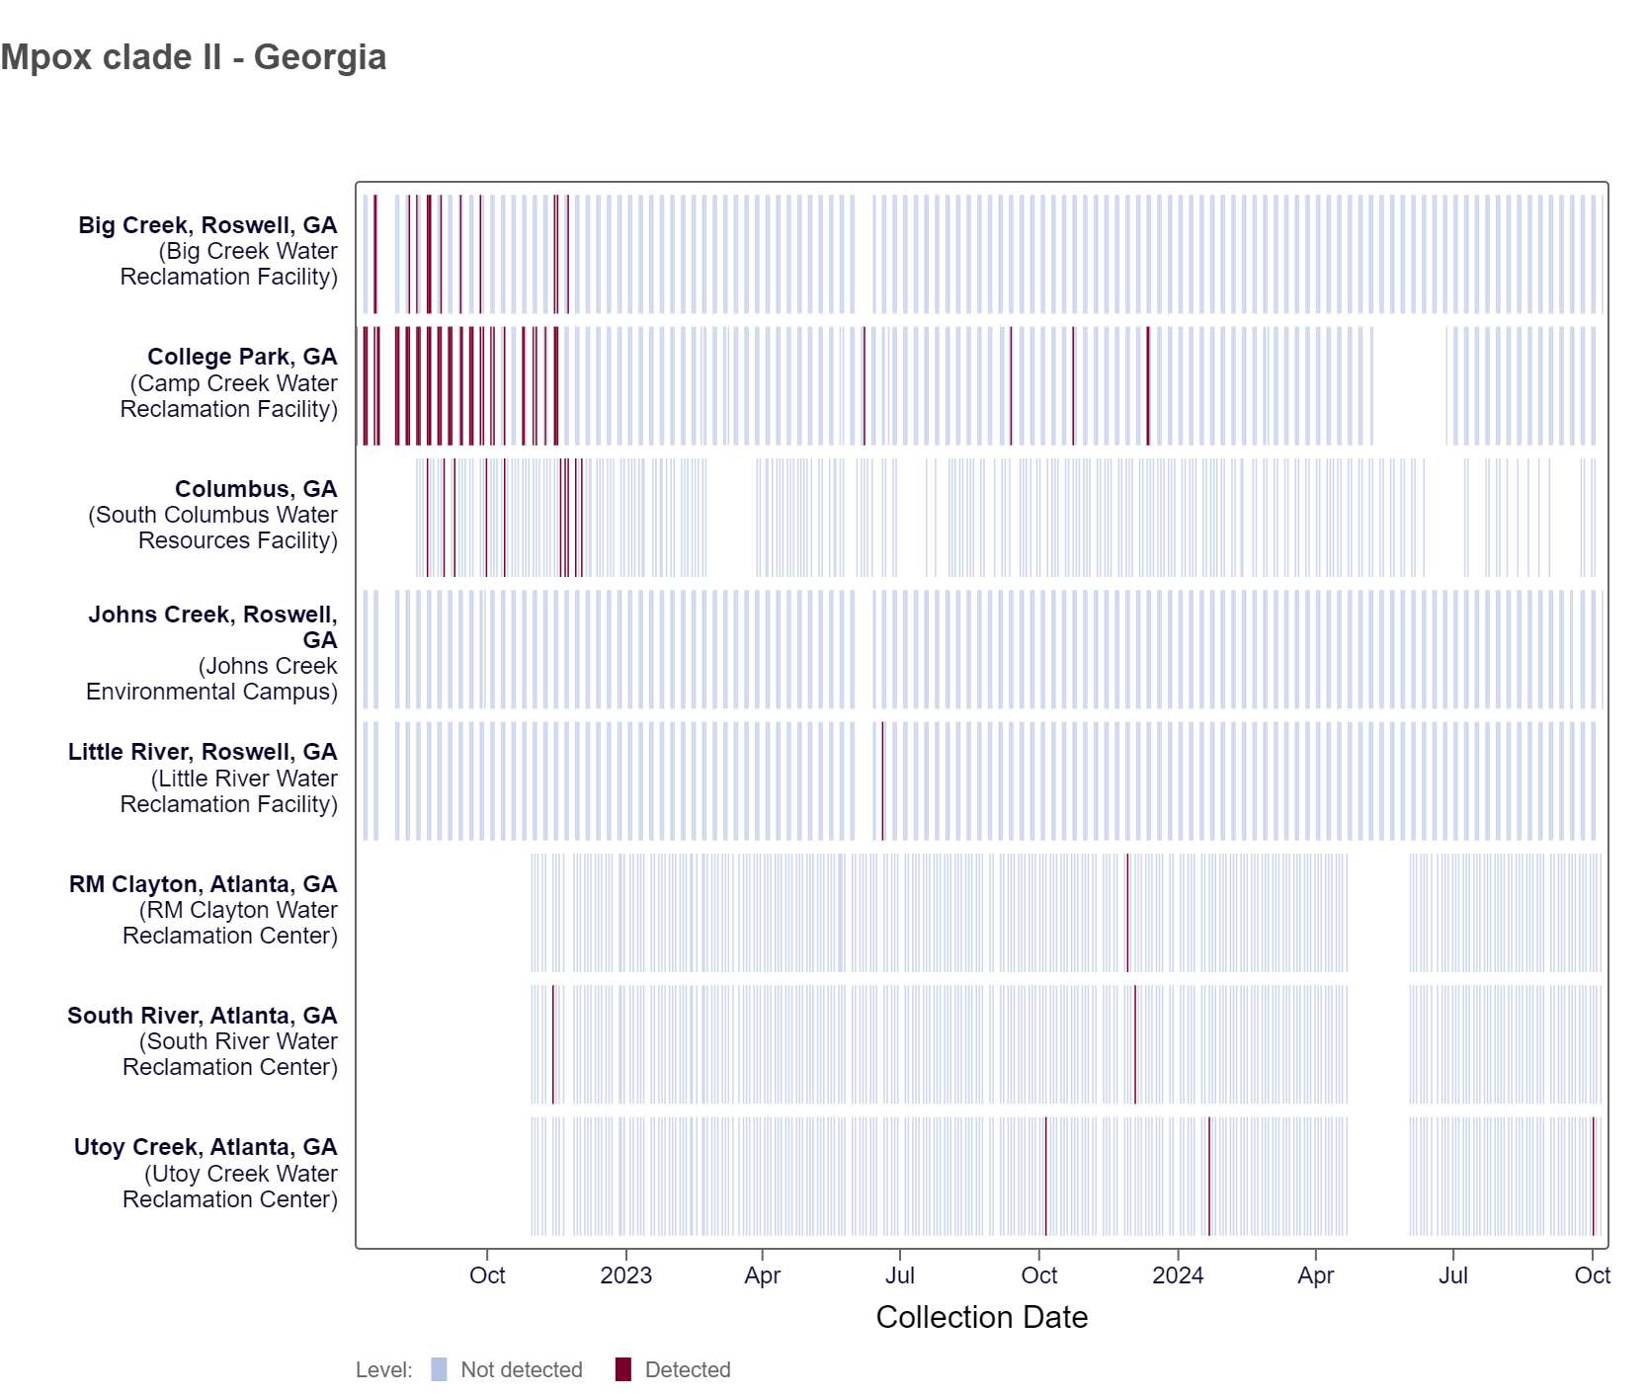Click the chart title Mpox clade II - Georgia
[194, 57]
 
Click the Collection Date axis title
[981, 1317]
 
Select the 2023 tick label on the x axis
[625, 1275]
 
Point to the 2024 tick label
[1177, 1275]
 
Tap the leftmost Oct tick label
[487, 1275]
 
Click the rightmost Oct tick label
[1592, 1275]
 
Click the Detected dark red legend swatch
[622, 1369]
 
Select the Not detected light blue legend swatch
[439, 1369]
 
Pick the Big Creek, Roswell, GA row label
[208, 225]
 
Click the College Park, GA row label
[242, 357]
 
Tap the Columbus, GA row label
[256, 489]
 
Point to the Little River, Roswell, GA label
[203, 752]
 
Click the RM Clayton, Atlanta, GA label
[204, 884]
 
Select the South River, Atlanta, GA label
[203, 1016]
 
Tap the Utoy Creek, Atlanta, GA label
[206, 1147]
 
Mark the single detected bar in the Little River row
[882, 781]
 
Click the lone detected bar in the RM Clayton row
[1127, 913]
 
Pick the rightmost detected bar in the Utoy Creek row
[1593, 1176]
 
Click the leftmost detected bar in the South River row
[553, 1044]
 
